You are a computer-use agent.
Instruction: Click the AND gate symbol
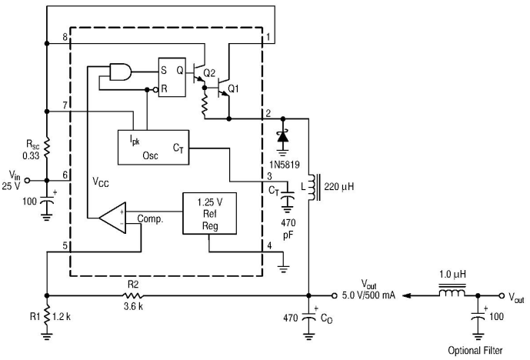click(121, 72)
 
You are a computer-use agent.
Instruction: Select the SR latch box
click(172, 78)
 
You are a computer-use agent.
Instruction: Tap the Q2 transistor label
click(209, 72)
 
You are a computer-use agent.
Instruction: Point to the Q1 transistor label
click(234, 89)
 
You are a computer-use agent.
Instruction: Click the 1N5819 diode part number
click(285, 165)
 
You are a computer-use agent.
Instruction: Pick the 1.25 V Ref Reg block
click(209, 214)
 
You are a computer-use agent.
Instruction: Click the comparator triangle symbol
click(112, 218)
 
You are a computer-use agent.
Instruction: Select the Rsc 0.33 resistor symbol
click(47, 147)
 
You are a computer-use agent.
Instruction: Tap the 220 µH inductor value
click(339, 187)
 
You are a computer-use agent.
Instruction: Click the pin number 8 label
click(65, 37)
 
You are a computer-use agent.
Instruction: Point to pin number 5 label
click(65, 245)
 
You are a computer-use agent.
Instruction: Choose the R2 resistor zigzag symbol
click(132, 295)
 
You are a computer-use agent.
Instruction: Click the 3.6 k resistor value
click(133, 306)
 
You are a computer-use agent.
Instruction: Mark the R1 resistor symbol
click(47, 316)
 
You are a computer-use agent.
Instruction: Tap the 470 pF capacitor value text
click(288, 228)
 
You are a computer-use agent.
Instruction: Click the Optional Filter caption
click(475, 351)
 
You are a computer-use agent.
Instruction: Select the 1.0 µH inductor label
click(452, 274)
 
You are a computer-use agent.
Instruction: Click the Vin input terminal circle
click(28, 181)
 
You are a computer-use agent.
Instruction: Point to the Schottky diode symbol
click(283, 137)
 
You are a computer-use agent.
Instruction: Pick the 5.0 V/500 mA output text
click(368, 295)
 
